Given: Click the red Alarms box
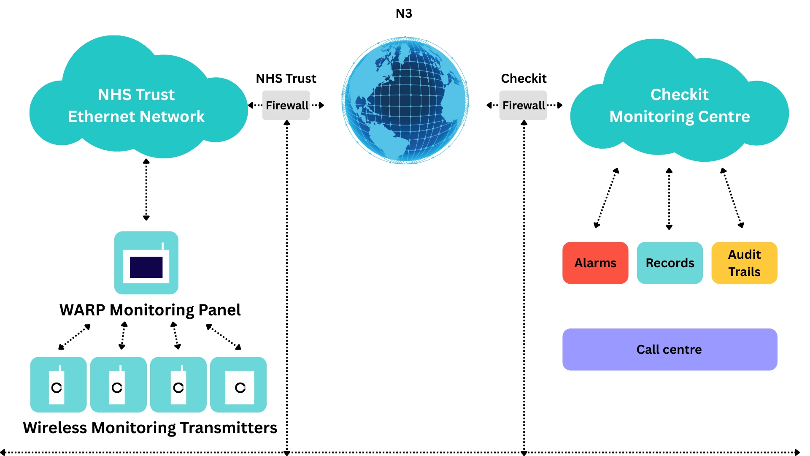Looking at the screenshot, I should pyautogui.click(x=595, y=263).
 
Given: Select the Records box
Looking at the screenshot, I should pyautogui.click(x=670, y=263).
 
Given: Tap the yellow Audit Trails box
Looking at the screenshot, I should pyautogui.click(x=744, y=263).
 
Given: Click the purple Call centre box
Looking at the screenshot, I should pyautogui.click(x=670, y=349).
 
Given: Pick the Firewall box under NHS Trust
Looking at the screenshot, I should pyautogui.click(x=286, y=105).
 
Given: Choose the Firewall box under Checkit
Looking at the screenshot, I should pyautogui.click(x=523, y=105).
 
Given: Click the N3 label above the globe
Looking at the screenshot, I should pyautogui.click(x=404, y=14).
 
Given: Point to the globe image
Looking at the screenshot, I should pyautogui.click(x=405, y=100).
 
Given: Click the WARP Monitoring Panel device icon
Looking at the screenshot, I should pyautogui.click(x=146, y=263).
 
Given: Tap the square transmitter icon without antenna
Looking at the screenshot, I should pyautogui.click(x=239, y=385).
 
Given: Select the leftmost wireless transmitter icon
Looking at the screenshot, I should pyautogui.click(x=58, y=385).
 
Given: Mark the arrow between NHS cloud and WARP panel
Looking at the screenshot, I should pyautogui.click(x=146, y=190).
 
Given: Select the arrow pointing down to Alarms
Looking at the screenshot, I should pyautogui.click(x=606, y=198).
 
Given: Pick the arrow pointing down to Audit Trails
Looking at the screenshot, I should pyautogui.click(x=732, y=198).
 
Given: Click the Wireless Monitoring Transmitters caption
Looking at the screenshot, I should pyautogui.click(x=150, y=428).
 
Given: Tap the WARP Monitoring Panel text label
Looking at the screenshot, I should pyautogui.click(x=150, y=310).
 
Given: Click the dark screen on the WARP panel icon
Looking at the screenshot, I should pyautogui.click(x=146, y=267).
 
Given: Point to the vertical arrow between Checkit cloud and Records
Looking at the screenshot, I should pyautogui.click(x=669, y=198).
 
